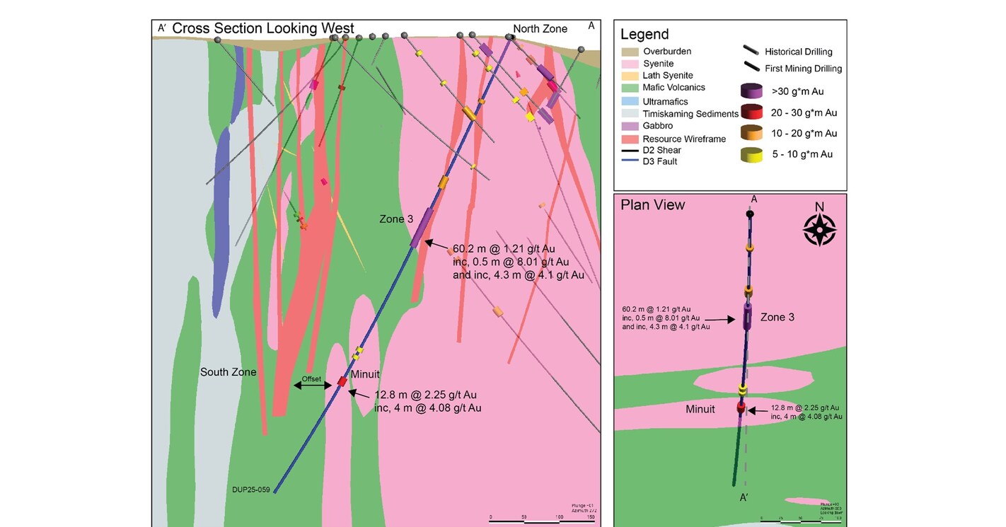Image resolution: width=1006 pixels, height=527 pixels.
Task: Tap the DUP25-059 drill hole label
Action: pos(252,490)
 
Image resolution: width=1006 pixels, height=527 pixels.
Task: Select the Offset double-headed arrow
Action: pos(312,386)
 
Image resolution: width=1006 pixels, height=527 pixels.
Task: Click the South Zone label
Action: pos(228,372)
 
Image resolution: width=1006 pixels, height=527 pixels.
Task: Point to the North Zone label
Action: pos(540,29)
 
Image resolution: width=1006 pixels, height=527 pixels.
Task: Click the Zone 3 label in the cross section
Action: pos(395,219)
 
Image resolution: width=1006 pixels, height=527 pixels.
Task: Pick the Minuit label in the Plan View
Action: pos(700,409)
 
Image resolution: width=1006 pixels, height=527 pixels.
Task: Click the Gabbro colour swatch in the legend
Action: pos(630,126)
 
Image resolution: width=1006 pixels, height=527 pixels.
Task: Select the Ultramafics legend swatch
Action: pos(630,101)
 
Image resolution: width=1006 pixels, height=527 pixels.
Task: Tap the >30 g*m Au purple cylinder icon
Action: pos(751,91)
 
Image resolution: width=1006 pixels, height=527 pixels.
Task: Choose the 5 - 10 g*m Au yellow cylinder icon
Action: pos(751,154)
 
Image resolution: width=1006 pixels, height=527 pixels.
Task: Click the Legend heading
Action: pos(644,35)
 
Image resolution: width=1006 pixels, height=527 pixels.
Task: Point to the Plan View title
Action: pos(652,205)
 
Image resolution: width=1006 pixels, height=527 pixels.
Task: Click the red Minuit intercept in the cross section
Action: pos(342,382)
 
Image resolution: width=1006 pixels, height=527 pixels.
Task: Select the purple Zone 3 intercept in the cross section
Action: pos(421,227)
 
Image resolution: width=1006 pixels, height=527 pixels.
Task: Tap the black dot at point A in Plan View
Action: pos(750,214)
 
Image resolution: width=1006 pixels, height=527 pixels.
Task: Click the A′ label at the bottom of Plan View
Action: pos(744,497)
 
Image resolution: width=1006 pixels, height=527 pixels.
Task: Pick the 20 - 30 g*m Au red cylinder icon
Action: pos(751,112)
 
